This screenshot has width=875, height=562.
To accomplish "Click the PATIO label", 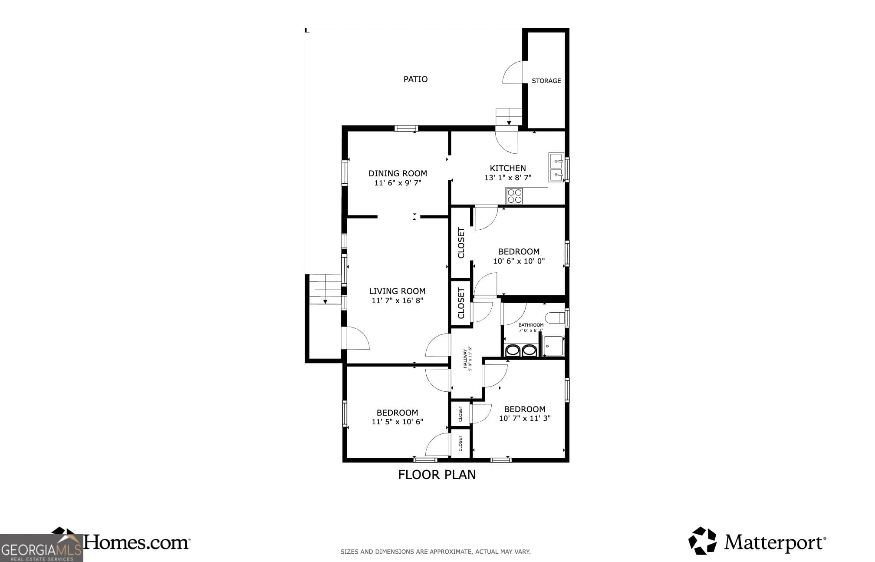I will pos(415,79).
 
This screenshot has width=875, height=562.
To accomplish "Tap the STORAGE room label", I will pos(546,81).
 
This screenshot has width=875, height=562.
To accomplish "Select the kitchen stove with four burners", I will pos(515,196).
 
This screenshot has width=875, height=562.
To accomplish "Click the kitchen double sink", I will pos(556,168).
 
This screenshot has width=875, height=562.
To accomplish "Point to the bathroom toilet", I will pos(555,318).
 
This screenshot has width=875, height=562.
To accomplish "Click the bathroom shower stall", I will pos(553,346).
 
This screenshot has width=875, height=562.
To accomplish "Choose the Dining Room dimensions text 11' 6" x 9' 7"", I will pos(398,183).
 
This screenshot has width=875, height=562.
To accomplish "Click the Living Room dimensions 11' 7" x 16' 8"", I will pos(397,301).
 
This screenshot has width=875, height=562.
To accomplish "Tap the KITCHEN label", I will pos(508,168).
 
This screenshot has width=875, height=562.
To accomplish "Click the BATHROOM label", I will pos(531,325).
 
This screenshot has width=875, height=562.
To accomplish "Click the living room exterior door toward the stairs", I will pos(355,338).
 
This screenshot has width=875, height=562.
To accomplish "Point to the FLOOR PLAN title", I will pos(437,475).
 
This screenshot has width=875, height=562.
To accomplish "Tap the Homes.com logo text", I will pos(136,542).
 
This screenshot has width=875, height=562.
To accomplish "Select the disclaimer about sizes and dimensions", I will pos(435,552).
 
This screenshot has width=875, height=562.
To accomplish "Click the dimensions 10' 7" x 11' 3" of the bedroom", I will pos(524,418).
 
